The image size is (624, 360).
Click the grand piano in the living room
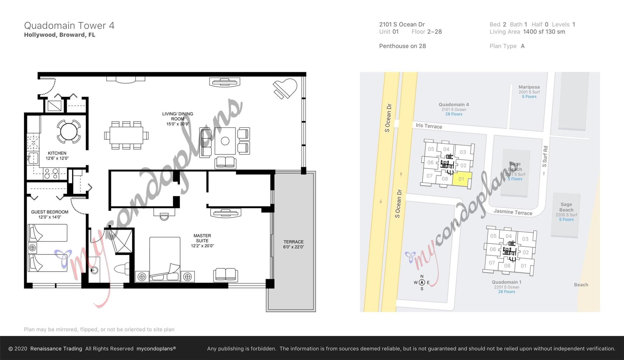285,88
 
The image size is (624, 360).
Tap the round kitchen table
69,132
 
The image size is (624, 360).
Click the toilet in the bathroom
122,269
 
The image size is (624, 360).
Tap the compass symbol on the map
422,283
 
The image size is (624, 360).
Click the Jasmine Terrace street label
513,212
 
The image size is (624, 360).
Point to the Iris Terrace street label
429,126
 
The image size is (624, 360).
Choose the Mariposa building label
529,87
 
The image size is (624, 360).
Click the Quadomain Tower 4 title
69,26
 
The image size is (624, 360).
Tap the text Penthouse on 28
402,46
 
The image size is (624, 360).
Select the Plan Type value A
523,46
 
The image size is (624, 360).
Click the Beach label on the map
581,285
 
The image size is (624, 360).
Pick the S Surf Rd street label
545,156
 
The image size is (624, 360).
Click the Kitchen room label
57,153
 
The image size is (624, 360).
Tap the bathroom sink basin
94,270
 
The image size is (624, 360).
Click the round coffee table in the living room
225,141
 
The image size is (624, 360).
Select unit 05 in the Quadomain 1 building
493,236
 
